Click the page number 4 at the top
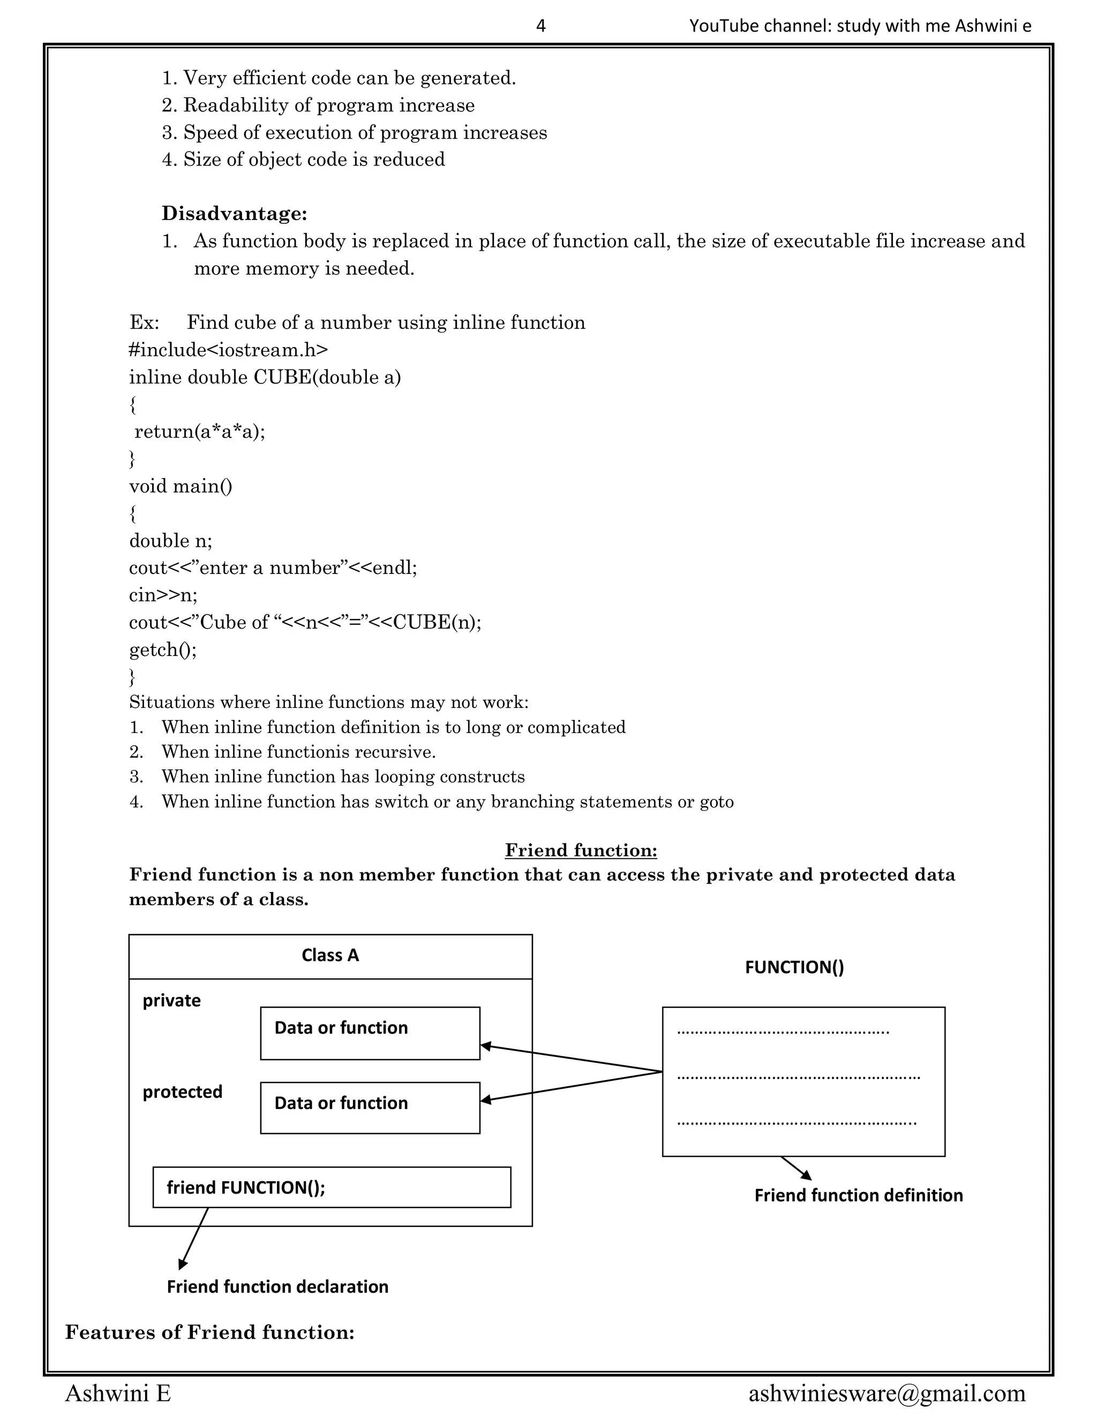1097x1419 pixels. click(540, 26)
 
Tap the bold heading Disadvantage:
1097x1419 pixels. click(234, 213)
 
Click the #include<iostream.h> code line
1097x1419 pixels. click(228, 350)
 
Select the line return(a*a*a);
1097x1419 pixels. click(199, 432)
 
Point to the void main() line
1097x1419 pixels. click(180, 486)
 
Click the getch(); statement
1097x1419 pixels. click(162, 649)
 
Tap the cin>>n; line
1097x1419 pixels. click(162, 594)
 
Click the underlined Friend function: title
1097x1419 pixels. click(580, 850)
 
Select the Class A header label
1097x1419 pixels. click(330, 955)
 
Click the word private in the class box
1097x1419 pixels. click(171, 1000)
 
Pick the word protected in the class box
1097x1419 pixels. click(182, 1091)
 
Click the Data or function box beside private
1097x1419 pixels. click(370, 1033)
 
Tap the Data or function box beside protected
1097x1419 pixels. click(370, 1108)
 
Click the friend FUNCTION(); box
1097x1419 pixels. click(332, 1187)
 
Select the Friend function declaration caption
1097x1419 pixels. click(277, 1286)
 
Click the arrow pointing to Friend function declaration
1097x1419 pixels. click(194, 1237)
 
